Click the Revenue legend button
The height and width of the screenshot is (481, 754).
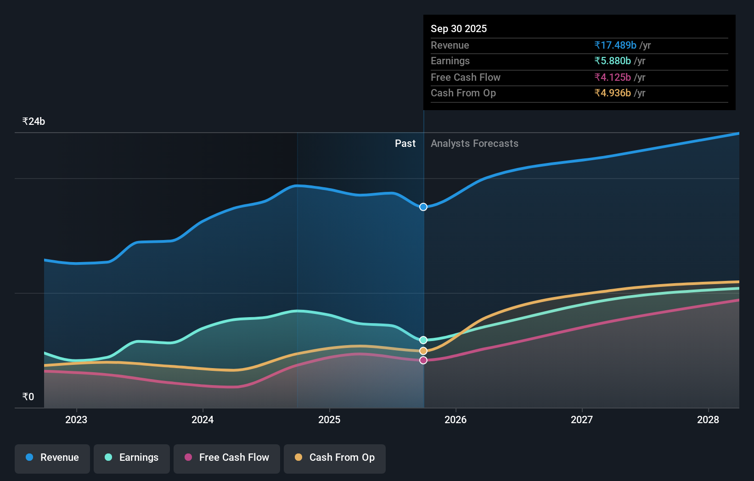tap(52, 458)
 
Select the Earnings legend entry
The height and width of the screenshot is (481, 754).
tap(132, 458)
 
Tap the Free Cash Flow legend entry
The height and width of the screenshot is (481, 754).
tap(227, 458)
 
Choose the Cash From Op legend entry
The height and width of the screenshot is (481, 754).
tap(335, 458)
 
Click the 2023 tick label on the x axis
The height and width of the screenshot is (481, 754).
tap(76, 420)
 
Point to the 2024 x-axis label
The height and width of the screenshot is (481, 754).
tap(203, 420)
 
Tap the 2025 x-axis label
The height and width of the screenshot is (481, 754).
tap(329, 420)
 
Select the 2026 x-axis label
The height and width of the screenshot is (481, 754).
tap(456, 420)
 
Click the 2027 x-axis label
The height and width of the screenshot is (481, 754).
tap(582, 420)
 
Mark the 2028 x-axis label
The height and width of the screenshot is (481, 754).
tap(708, 420)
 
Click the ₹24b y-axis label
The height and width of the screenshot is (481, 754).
tap(34, 122)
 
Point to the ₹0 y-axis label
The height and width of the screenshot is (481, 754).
tap(28, 397)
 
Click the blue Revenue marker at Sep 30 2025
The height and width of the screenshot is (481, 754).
tap(423, 207)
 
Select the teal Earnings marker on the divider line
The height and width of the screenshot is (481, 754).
tap(423, 340)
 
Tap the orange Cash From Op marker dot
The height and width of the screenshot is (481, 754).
tap(423, 351)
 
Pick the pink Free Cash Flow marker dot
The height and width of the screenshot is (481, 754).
tap(423, 360)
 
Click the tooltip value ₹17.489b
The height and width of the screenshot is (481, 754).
tap(615, 45)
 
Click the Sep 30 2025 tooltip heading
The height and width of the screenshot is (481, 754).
tap(459, 29)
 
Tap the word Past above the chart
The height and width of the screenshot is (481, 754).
tap(405, 144)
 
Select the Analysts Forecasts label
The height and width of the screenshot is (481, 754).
tap(474, 144)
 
